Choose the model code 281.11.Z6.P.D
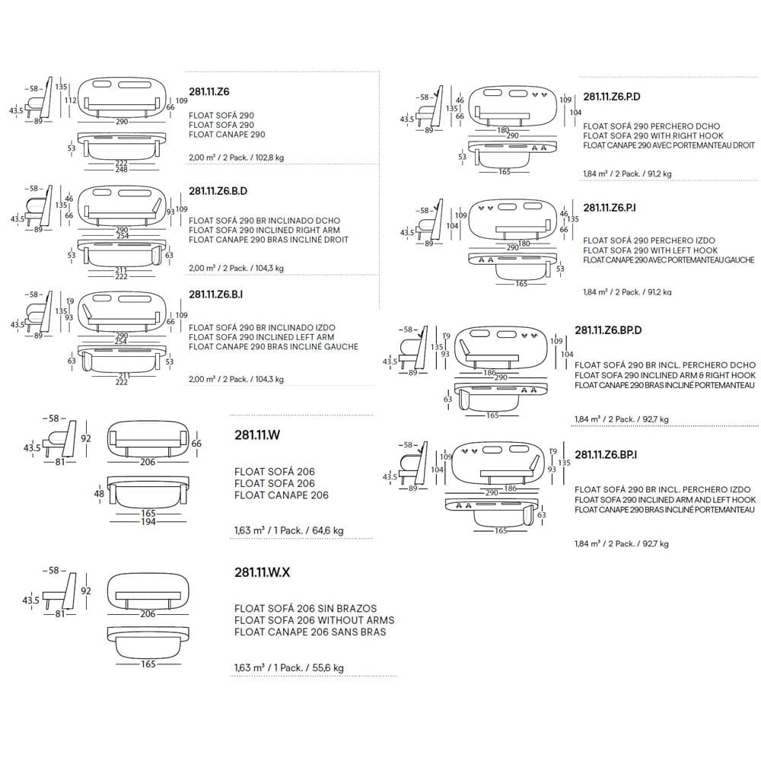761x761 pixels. tap(612, 97)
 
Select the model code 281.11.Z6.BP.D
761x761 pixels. tap(609, 330)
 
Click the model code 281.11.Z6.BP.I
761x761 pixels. tap(606, 454)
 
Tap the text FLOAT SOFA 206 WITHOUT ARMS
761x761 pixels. tap(314, 620)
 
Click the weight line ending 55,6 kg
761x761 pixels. tap(289, 667)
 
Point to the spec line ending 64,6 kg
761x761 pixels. tap(289, 530)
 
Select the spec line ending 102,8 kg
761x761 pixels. tap(236, 158)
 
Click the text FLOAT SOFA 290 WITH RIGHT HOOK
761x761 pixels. tap(651, 135)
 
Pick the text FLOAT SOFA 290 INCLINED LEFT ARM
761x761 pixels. tap(262, 337)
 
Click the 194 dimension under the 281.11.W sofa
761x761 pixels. tap(148, 523)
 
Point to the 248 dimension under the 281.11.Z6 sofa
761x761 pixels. tap(122, 169)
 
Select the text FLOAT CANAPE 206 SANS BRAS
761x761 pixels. tap(310, 632)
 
